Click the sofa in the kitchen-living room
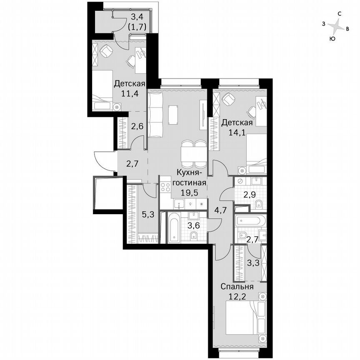pos(155,115)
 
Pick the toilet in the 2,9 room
pos(258,204)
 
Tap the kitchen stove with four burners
pos(165,186)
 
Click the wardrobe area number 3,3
pos(252,262)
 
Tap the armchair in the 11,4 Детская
pos(107,51)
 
